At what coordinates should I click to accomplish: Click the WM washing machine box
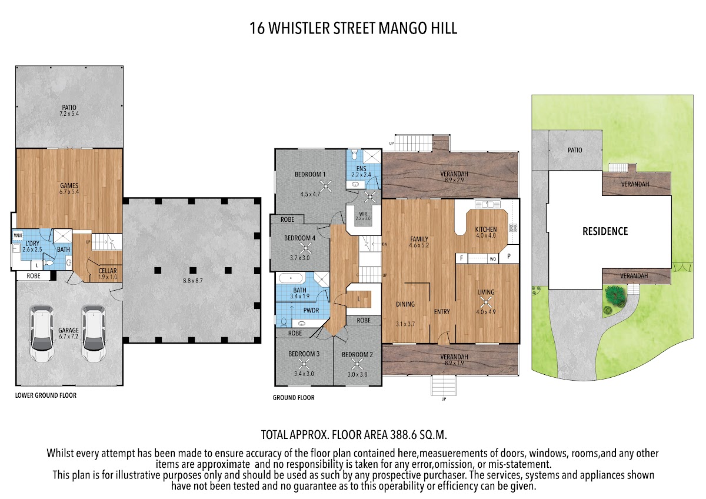(x=18, y=235)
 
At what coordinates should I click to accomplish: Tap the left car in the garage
(x=42, y=333)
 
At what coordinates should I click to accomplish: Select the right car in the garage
(x=94, y=333)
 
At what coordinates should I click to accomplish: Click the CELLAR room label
(x=108, y=271)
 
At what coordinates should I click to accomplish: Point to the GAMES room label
(x=69, y=186)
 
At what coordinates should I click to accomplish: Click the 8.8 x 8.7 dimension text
(x=192, y=281)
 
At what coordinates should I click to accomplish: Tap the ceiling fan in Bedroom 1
(x=326, y=186)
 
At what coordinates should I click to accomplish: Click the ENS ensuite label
(x=361, y=169)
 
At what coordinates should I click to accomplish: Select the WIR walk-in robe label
(x=363, y=214)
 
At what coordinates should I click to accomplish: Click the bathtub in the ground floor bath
(x=291, y=278)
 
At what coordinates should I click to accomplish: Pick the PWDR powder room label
(x=311, y=311)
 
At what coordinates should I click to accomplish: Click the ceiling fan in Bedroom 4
(x=305, y=249)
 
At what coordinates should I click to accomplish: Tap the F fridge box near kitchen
(x=462, y=258)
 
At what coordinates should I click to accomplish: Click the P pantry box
(x=509, y=257)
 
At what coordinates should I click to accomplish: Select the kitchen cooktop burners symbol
(x=513, y=228)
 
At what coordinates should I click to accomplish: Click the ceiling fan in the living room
(x=486, y=304)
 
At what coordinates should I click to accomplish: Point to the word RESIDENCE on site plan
(x=605, y=231)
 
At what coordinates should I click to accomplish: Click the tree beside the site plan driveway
(x=615, y=295)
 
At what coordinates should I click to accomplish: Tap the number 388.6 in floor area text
(x=403, y=435)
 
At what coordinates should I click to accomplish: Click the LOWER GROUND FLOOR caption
(x=46, y=395)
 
